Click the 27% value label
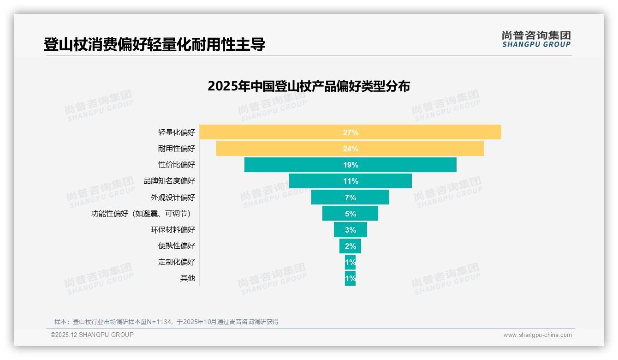pos(351,132)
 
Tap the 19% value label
pos(351,165)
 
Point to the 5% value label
pos(351,214)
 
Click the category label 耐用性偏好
pos(177,149)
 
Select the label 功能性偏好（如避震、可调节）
pos(141,214)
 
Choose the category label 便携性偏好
pos(177,246)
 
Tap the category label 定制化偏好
pos(177,262)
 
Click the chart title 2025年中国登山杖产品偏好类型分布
pos(309,86)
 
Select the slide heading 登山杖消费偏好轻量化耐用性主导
pos(154,45)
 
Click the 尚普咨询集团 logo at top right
pos(536,39)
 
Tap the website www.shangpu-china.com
pos(537,335)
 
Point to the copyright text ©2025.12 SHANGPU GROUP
pos(92,335)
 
